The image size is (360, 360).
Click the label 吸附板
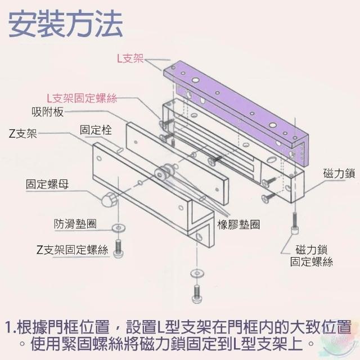(48, 112)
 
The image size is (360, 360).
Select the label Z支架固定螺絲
(71, 250)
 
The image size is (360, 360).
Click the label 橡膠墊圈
(238, 223)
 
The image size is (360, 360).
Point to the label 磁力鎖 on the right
(339, 173)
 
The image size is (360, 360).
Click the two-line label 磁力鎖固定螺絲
(311, 255)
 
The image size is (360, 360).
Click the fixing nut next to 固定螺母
(109, 199)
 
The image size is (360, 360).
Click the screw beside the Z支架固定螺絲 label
(119, 247)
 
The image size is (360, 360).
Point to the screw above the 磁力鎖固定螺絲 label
(293, 225)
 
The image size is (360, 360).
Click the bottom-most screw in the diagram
(196, 292)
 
